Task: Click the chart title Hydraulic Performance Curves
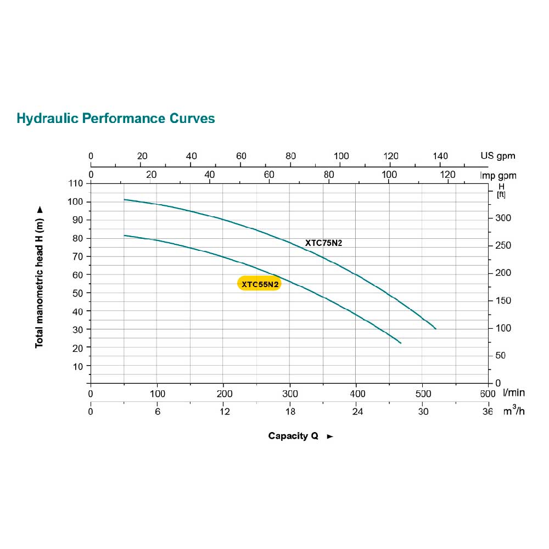coord(116,118)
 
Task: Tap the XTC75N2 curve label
coord(324,243)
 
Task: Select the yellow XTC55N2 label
coord(260,283)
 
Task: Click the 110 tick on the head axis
coord(75,183)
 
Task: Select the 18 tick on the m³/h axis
coord(290,412)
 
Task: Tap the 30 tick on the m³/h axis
coord(422,412)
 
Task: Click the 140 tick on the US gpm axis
coord(440,156)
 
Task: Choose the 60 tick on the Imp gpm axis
coord(269,175)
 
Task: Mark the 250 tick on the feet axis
coord(503,245)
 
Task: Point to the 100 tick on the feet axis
coord(503,328)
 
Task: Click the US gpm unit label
coord(498,156)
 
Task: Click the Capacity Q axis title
coord(294,436)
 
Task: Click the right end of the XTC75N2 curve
coord(435,328)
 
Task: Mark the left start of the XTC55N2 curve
coord(125,236)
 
